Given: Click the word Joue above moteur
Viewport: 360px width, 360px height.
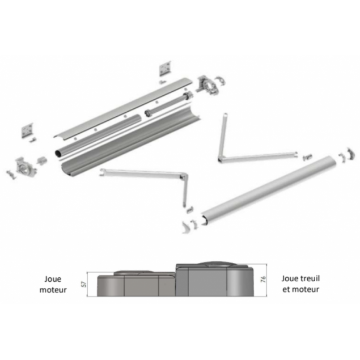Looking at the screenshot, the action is point(53,279).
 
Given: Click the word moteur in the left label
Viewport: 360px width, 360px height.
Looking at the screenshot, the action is point(53,290).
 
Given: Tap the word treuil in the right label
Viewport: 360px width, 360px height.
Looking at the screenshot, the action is point(308,278).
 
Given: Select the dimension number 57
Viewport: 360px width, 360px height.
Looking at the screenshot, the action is point(84,284).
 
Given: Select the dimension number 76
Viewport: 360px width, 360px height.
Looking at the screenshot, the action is point(264,279).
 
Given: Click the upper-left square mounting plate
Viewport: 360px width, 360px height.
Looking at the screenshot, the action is point(27,130).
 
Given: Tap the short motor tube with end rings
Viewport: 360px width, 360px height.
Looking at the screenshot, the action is point(168,104).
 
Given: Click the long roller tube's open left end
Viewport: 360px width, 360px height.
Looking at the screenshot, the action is point(58,153).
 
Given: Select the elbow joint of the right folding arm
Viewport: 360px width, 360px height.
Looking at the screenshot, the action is point(220,160).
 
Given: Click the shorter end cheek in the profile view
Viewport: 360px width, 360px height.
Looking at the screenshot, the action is point(137,283).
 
